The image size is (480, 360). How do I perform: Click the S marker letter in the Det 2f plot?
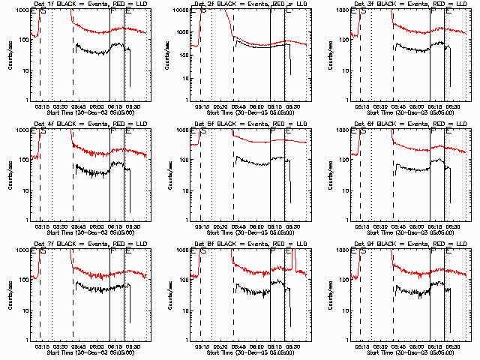(203, 12)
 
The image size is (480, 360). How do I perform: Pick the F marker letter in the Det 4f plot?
(113, 132)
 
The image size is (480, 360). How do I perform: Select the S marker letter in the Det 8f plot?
(202, 252)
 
